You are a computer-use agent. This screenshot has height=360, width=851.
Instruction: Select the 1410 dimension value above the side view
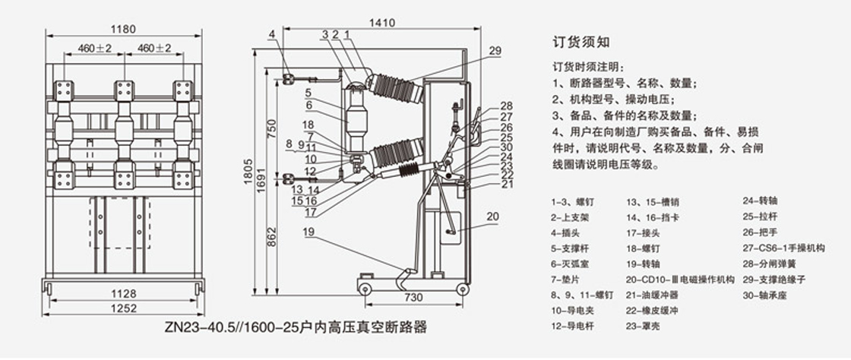(x=383, y=23)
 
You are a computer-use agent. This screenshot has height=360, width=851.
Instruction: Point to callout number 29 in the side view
(x=495, y=52)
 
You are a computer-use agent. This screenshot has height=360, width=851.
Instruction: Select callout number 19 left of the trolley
(x=307, y=232)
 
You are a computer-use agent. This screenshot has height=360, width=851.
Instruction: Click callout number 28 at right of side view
(x=507, y=106)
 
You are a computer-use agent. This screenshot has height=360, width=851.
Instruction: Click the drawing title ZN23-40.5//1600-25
(x=296, y=329)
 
